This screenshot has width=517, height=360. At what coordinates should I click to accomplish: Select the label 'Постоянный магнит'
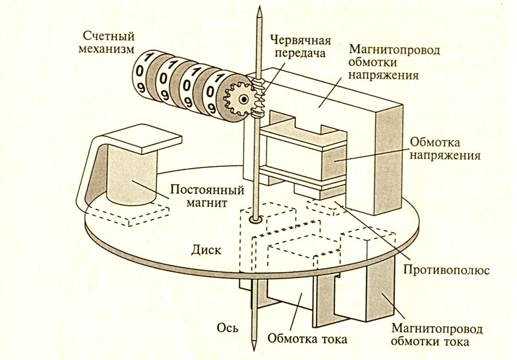(x=206, y=197)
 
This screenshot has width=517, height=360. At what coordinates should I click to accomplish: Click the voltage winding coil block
(x=333, y=159)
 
